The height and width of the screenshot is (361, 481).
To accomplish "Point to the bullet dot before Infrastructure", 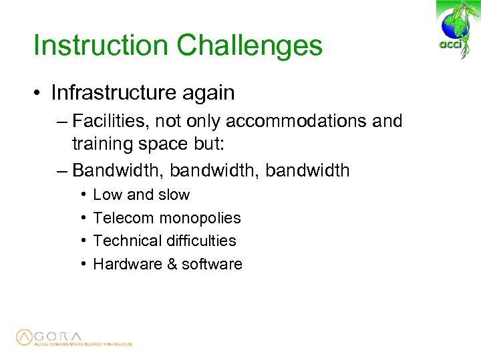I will (x=39, y=94).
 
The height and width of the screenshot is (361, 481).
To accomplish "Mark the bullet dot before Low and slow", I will (x=80, y=195).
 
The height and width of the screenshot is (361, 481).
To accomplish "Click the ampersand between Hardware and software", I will (x=171, y=264).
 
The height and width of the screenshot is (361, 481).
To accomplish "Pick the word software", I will (x=212, y=264).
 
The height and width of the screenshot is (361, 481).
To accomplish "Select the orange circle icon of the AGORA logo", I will (x=25, y=338).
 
